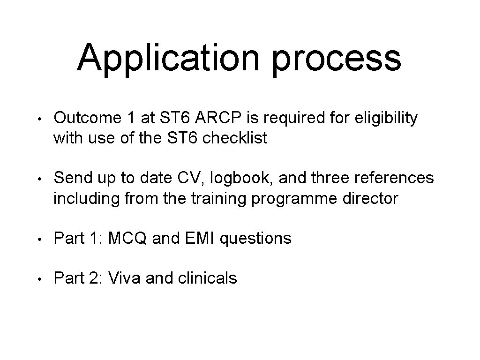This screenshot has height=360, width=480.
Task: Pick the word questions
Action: (x=255, y=239)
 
